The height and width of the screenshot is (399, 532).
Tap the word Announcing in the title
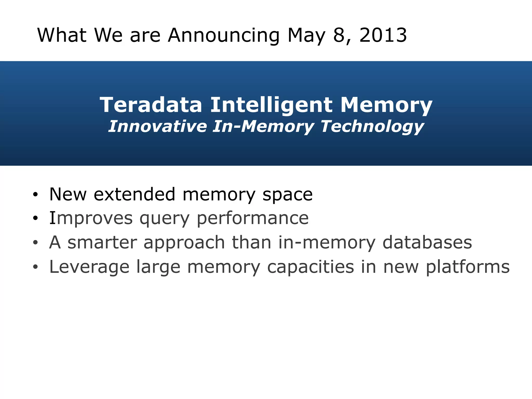pyautogui.click(x=224, y=36)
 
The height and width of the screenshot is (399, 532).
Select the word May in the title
pyautogui.click(x=307, y=36)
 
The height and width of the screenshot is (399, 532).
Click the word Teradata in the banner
pyautogui.click(x=151, y=105)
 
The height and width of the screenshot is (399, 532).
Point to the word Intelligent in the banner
pyautogui.click(x=271, y=105)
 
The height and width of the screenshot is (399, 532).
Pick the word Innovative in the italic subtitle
pyautogui.click(x=157, y=127)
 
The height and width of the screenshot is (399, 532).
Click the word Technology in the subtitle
pyautogui.click(x=372, y=127)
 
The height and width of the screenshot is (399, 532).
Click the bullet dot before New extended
pyautogui.click(x=35, y=194)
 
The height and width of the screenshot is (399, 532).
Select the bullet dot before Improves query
pyautogui.click(x=35, y=218)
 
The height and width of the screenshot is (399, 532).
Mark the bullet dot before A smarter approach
pyautogui.click(x=35, y=243)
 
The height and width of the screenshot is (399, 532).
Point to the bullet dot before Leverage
pyautogui.click(x=35, y=267)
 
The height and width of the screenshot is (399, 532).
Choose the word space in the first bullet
pyautogui.click(x=287, y=195)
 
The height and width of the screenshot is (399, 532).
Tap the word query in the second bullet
pyautogui.click(x=165, y=219)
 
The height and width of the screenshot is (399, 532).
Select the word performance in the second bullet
pyautogui.click(x=252, y=219)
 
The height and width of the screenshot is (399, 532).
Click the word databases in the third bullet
pyautogui.click(x=427, y=242)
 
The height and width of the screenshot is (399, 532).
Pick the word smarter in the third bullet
pyautogui.click(x=102, y=242)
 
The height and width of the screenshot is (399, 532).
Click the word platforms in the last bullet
pyautogui.click(x=468, y=267)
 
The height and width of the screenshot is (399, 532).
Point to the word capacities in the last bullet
pyautogui.click(x=310, y=267)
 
